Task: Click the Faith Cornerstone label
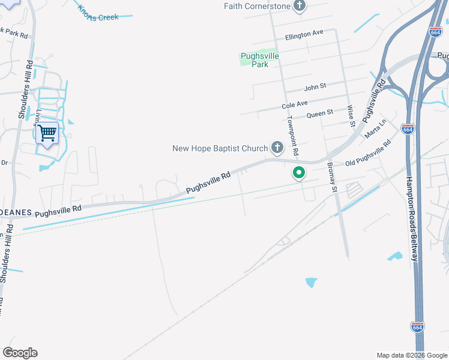[x=258, y=6]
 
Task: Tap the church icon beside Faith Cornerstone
[x=300, y=6]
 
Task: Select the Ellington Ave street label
[x=304, y=34]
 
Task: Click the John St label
[x=315, y=86]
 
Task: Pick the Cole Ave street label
[x=294, y=104]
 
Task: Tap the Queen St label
[x=319, y=113]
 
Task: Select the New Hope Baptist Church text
[x=220, y=148]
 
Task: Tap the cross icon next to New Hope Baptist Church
[x=277, y=147]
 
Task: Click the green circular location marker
[x=298, y=173]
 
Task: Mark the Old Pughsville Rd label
[x=367, y=154]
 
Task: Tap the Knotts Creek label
[x=98, y=13]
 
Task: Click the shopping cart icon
[x=47, y=133]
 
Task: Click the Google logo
[x=20, y=353]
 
